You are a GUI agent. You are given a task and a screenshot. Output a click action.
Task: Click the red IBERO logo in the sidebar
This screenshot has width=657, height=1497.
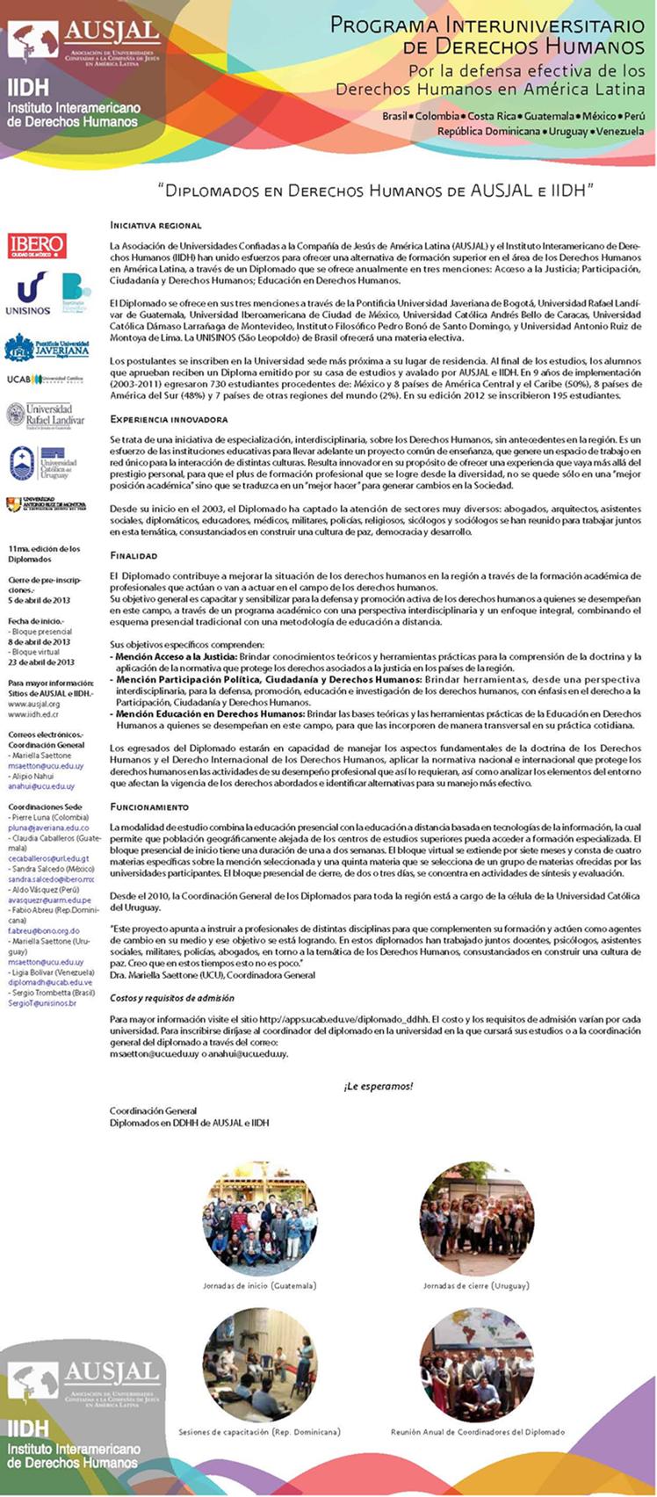point(37,245)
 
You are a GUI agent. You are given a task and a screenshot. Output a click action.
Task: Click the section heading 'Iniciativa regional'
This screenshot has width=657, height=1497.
point(155,226)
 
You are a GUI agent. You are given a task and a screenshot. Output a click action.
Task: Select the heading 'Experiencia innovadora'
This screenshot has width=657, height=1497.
point(169,420)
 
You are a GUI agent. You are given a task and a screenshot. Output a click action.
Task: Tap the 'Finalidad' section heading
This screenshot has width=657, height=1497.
point(134,555)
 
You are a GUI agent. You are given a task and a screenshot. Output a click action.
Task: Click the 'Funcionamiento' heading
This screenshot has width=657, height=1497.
point(149,806)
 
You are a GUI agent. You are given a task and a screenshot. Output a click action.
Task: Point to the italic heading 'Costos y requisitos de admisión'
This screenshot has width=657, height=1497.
point(172,998)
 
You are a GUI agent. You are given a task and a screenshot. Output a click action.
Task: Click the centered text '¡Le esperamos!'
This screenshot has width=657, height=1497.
point(378,1086)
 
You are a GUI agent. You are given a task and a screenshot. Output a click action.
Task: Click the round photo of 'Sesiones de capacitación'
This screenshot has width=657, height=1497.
point(260,1364)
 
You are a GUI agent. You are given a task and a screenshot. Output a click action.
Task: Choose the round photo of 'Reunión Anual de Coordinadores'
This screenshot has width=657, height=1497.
point(476,1364)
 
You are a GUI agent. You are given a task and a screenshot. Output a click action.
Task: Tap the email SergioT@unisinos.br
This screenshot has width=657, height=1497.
point(42,1003)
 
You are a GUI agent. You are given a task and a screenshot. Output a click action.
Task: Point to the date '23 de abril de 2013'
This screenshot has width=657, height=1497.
point(41,662)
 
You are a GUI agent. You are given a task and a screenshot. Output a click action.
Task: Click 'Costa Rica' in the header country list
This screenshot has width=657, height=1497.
point(493,116)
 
